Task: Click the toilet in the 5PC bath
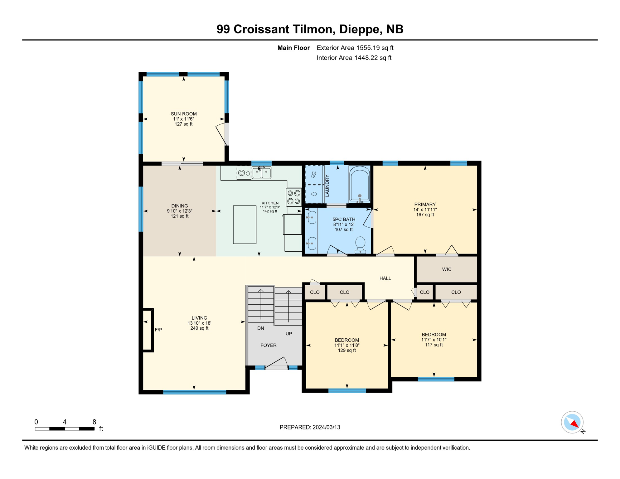[360, 244]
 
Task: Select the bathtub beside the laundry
[360, 184]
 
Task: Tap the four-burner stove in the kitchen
[294, 197]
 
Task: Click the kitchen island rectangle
[245, 225]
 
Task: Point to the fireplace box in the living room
[147, 330]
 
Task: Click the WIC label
[447, 269]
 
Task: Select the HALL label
[385, 278]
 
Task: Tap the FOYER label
[269, 345]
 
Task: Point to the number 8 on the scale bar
[94, 422]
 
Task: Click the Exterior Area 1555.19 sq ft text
[355, 48]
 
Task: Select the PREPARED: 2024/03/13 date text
[310, 427]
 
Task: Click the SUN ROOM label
[184, 114]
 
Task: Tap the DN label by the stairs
[261, 328]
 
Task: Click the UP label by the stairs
[289, 333]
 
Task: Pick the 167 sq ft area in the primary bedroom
[425, 215]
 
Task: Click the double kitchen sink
[261, 172]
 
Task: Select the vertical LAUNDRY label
[327, 186]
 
